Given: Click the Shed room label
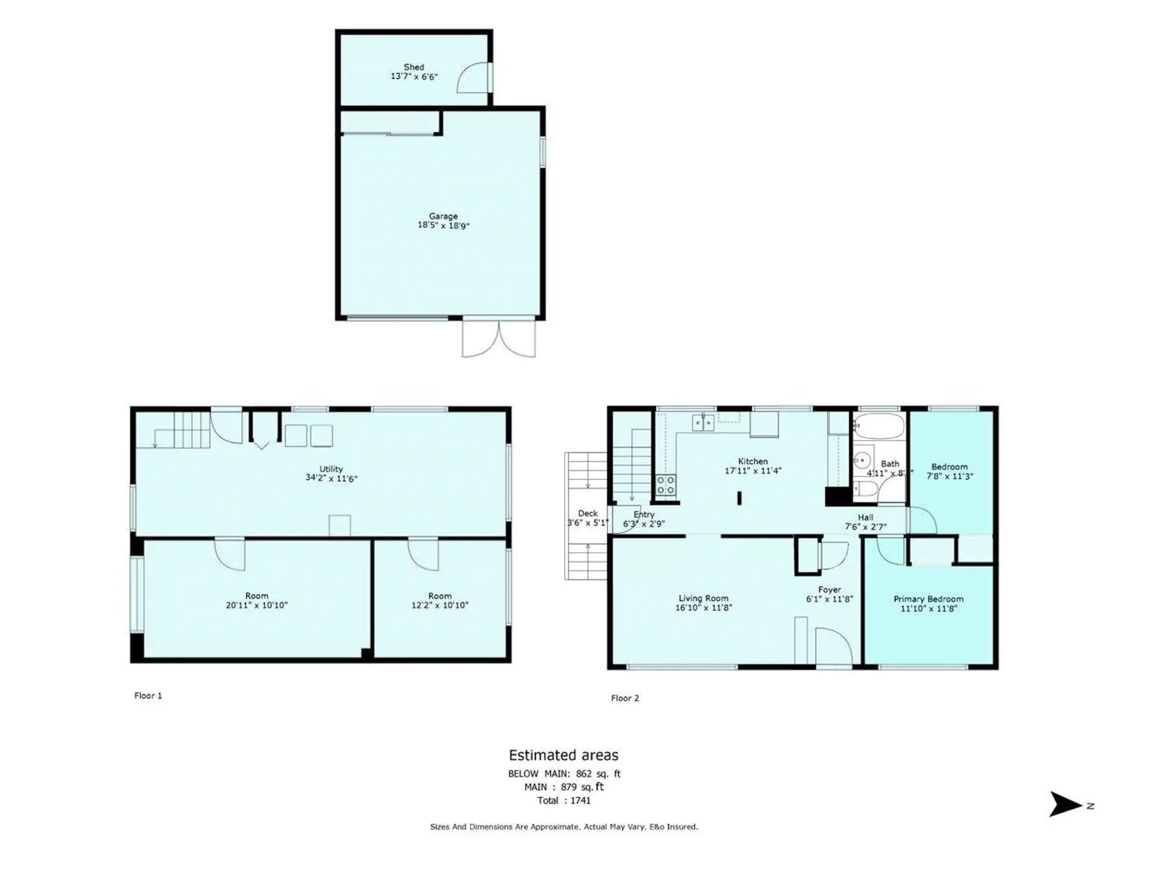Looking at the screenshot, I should coord(414,67).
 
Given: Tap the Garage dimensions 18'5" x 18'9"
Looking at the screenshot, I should coord(443,226).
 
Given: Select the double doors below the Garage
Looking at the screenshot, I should coord(499,338).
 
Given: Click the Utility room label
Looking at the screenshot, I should coord(331,469).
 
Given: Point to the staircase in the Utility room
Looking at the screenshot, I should coord(182,429).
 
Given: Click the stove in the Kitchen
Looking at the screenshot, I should coord(666,485).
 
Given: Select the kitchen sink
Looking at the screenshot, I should coord(703,422).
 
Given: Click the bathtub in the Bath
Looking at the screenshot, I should coord(878,426).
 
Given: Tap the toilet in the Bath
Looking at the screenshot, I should coord(865,488).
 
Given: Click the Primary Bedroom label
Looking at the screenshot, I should coord(928,599).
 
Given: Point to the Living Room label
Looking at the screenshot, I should coord(703,599).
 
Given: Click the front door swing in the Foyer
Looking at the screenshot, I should coord(833,648).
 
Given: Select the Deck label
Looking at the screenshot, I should coord(588,513).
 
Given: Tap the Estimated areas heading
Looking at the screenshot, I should coord(563,755).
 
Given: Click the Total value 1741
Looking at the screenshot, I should coord(580,801).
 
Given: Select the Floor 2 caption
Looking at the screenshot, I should coord(625,698).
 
